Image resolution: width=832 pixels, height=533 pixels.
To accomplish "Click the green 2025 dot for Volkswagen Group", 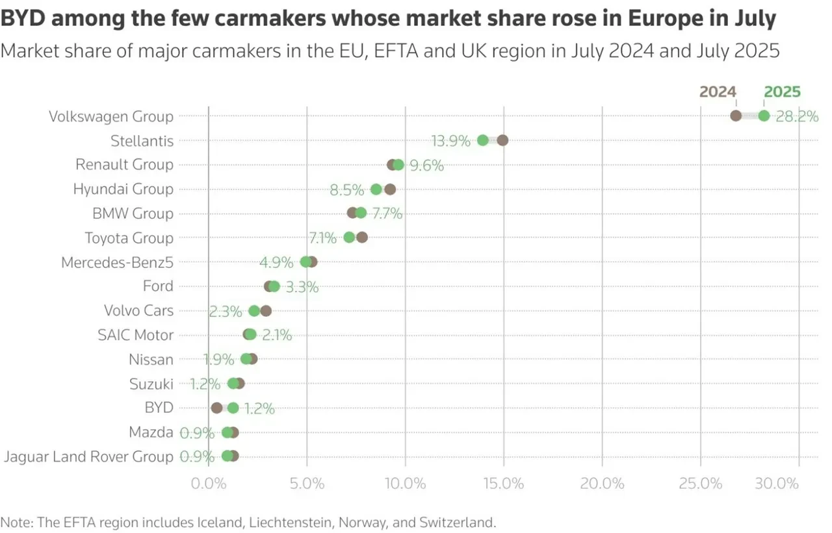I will pyautogui.click(x=764, y=116).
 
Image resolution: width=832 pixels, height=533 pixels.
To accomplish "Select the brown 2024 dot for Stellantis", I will pyautogui.click(x=502, y=140).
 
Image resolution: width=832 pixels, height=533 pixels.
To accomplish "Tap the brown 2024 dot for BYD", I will pyautogui.click(x=216, y=408).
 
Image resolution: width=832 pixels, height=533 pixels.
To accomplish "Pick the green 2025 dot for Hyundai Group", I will pyautogui.click(x=376, y=189).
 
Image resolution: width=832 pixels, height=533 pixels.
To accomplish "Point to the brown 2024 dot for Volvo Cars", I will pyautogui.click(x=265, y=310).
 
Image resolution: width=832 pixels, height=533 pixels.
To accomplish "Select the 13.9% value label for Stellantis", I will pyautogui.click(x=450, y=141).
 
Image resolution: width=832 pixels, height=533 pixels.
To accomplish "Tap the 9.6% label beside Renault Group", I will pyautogui.click(x=426, y=166).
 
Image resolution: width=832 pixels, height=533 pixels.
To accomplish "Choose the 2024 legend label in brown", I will pyautogui.click(x=717, y=92).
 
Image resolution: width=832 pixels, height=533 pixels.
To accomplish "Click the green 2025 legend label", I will pyautogui.click(x=782, y=92).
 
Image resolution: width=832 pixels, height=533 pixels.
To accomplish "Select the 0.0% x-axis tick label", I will pyautogui.click(x=209, y=484).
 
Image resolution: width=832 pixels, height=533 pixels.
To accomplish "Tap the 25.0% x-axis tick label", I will pyautogui.click(x=701, y=484).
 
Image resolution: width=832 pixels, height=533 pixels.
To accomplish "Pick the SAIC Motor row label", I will pyautogui.click(x=135, y=335).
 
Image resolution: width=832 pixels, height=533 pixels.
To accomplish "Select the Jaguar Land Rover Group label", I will pyautogui.click(x=88, y=456).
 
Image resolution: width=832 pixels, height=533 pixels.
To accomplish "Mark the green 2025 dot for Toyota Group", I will pyautogui.click(x=349, y=237).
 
